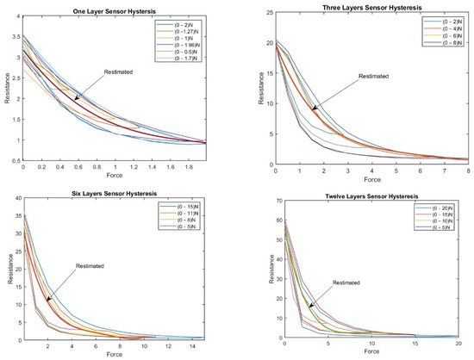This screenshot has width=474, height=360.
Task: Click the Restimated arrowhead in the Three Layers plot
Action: (x=314, y=110)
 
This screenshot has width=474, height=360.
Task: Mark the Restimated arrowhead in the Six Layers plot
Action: (x=48, y=300)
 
